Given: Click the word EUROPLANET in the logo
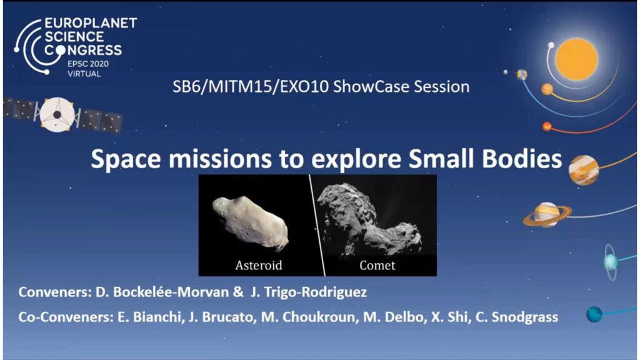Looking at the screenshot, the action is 91,23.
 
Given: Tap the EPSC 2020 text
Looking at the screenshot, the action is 88,64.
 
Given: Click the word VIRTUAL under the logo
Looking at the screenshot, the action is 84,74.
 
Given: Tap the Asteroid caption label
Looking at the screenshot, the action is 259,265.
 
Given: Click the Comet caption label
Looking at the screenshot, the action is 377,265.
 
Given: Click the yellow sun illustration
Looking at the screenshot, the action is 577,59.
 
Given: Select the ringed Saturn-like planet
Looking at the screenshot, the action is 547,215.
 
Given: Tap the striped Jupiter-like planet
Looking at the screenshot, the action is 584,170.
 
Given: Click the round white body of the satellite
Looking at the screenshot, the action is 57,115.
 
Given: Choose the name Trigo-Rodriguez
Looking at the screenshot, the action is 309,292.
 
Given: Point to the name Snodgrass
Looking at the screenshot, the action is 524,317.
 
